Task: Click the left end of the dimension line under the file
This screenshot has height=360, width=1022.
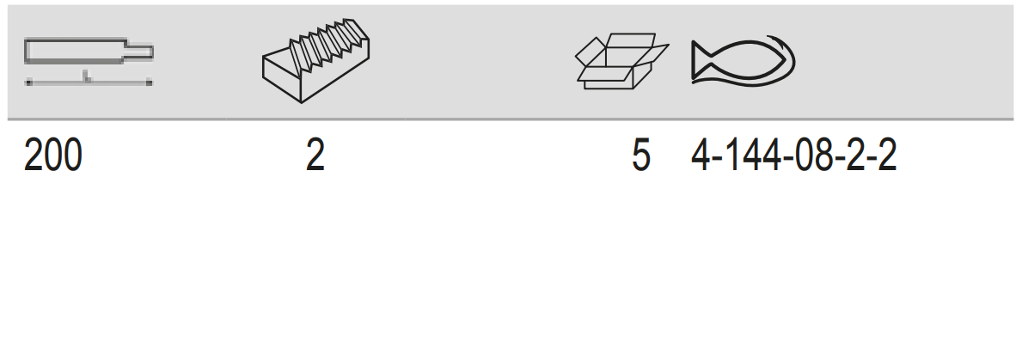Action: coord(28,82)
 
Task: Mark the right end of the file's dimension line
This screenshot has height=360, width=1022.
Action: coord(150,82)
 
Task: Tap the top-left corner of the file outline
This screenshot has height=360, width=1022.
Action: coord(25,40)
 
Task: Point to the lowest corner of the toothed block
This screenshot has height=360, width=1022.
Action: coord(301,102)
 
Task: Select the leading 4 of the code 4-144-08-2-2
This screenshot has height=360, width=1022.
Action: coord(700,156)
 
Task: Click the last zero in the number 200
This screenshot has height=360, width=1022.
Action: coord(73,156)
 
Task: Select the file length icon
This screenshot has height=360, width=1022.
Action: coord(89,62)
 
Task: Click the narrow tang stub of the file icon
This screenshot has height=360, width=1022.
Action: coord(139,52)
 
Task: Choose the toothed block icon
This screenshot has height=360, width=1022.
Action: coord(316,60)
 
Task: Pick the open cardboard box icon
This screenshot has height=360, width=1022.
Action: coord(621,61)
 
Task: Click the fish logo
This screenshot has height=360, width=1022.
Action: coord(743,60)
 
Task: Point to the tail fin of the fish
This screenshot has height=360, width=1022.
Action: coord(701,61)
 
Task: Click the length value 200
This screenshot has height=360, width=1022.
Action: coord(52,156)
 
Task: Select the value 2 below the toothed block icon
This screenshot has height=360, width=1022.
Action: coord(315,156)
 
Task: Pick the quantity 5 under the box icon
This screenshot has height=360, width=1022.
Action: coord(641,156)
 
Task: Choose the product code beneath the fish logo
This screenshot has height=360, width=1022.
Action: coord(794,156)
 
